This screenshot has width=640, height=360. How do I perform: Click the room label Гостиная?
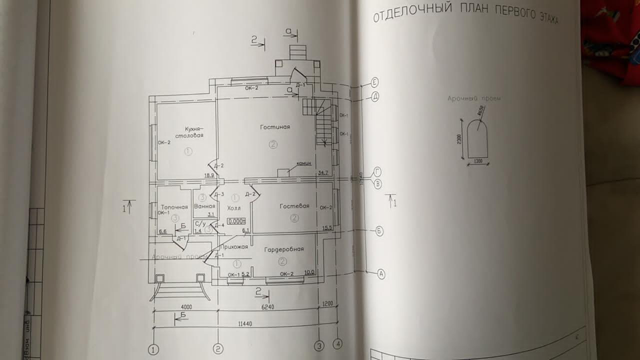tap(274, 127)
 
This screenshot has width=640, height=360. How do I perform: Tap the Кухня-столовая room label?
tap(189, 132)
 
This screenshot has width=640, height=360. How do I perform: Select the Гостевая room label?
tap(294, 206)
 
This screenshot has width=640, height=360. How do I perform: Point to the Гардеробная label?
tap(284, 249)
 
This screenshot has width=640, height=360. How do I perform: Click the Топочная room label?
tap(174, 207)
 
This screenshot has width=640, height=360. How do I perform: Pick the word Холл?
tap(233, 208)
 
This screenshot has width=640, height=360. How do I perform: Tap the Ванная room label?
tap(205, 206)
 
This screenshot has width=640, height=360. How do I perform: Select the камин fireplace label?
tap(304, 163)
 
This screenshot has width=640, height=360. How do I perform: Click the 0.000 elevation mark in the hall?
tap(236, 221)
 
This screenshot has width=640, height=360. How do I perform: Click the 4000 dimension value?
tap(186, 306)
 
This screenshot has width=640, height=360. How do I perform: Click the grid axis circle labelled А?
tap(381, 274)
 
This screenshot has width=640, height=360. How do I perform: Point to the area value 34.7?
tap(323, 173)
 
